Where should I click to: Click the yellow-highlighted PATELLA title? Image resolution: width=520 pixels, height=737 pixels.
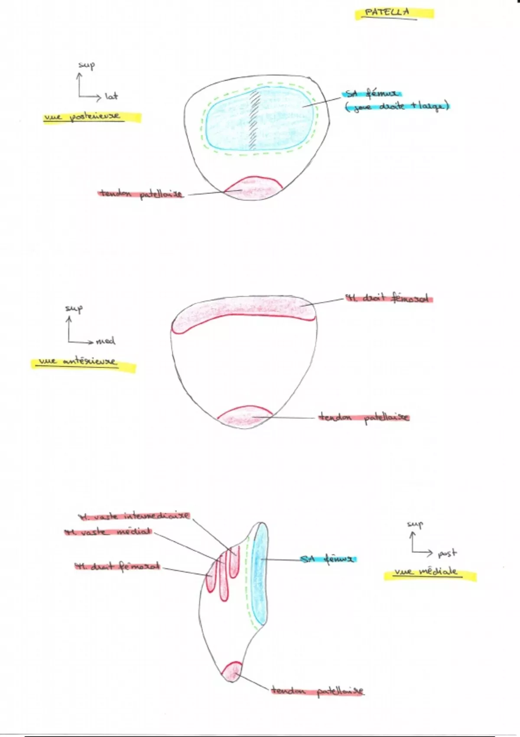[x=387, y=13]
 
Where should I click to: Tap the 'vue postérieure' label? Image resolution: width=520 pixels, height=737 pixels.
[x=83, y=117]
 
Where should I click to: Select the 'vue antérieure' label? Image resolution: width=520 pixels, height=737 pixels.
[x=78, y=362]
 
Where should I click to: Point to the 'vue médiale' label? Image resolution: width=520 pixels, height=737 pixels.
[x=426, y=572]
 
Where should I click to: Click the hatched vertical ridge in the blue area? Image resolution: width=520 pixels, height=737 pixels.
[x=253, y=119]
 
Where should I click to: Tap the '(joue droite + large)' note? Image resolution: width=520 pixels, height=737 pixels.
[x=396, y=107]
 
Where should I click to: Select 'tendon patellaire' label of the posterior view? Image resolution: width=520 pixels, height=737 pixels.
[x=141, y=194]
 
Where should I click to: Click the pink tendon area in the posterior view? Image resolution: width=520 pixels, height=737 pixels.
[x=253, y=189]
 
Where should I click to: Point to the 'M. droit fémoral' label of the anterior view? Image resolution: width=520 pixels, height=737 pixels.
[x=388, y=299]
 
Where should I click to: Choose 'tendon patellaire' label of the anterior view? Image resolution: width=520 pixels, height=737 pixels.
[x=364, y=417]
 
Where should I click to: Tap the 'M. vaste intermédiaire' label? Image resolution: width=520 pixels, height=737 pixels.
[x=134, y=516]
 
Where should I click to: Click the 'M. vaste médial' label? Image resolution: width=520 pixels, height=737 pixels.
[x=108, y=532]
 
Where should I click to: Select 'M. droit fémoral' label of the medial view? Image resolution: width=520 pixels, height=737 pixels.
[x=117, y=566]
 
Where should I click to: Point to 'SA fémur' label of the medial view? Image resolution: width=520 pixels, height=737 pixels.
[x=328, y=559]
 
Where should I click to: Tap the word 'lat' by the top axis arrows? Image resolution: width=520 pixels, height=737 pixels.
[x=111, y=96]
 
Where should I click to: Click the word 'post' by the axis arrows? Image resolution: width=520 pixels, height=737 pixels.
[x=447, y=553]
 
